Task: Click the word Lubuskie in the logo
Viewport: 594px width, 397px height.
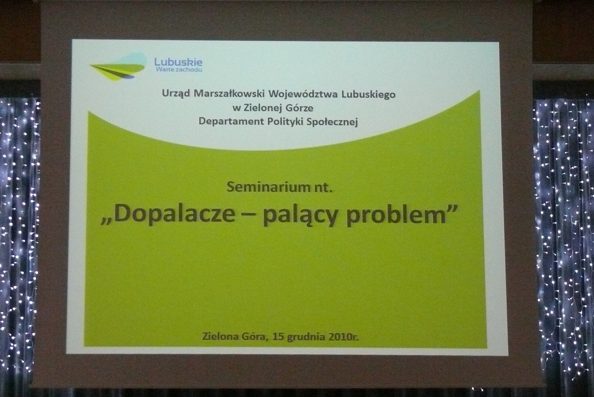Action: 178,62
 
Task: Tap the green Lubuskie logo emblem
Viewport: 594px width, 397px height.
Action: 118,67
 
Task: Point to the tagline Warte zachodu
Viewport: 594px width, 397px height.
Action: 179,70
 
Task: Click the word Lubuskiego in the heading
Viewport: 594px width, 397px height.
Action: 368,95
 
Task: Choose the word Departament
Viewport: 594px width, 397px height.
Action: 231,122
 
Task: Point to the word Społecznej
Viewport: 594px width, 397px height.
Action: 332,122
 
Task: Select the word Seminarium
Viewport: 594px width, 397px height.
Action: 268,187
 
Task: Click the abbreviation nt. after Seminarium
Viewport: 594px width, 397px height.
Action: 323,188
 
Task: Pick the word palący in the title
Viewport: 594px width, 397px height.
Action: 300,216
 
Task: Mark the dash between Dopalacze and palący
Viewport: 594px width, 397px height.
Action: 249,217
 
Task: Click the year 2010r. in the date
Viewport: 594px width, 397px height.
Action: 343,337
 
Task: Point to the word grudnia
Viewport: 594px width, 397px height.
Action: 306,337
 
